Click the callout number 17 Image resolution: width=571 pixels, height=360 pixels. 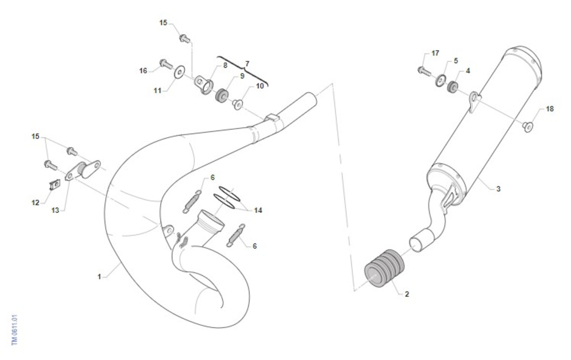coord(435,53)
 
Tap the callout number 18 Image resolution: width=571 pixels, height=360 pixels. coord(550,109)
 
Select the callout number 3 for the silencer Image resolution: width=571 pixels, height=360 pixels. coord(498,189)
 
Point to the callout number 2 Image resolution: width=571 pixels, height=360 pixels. coord(407,294)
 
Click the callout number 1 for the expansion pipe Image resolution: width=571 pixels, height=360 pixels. coord(99,276)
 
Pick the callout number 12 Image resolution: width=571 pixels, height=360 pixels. coord(35,203)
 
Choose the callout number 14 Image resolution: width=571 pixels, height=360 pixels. coord(258,210)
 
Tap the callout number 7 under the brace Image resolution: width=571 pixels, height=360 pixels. coord(247,64)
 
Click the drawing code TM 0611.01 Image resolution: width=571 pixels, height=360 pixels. coord(15,330)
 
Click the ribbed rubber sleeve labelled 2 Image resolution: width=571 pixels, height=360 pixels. coord(384,268)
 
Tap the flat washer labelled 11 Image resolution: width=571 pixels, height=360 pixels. coord(179,72)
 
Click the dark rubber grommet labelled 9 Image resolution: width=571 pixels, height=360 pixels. coord(222,96)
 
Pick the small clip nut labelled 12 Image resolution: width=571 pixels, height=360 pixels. coord(54,185)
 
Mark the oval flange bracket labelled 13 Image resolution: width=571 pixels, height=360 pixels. coord(83,170)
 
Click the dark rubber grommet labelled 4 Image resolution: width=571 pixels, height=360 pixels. coord(453,87)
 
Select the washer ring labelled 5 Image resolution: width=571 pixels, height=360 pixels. coord(441,81)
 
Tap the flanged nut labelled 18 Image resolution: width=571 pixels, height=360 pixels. coord(527,126)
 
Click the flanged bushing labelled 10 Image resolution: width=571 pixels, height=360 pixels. coord(237,105)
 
